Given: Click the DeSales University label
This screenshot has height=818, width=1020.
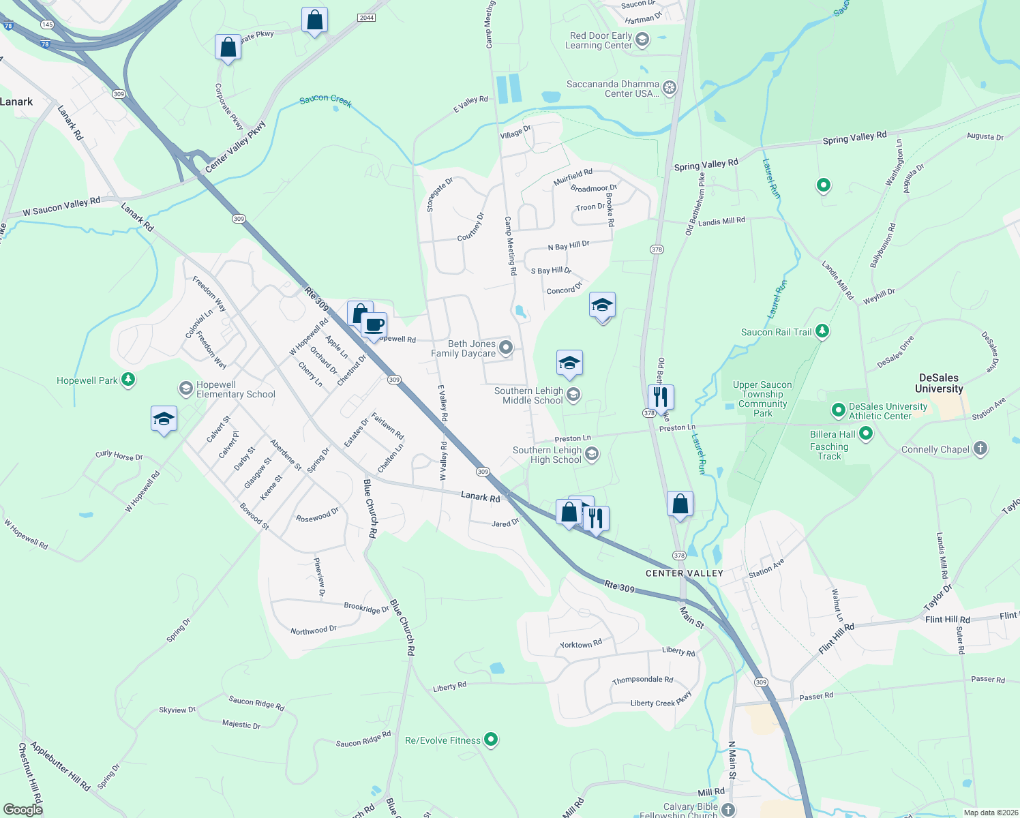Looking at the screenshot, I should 938,383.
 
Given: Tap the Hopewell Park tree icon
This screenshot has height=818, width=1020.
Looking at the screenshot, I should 128,380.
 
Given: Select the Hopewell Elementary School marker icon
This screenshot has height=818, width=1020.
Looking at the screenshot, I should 185,389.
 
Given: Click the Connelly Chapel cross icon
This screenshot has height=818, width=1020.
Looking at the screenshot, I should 980,449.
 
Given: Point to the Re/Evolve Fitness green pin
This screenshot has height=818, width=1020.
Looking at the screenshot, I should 490,740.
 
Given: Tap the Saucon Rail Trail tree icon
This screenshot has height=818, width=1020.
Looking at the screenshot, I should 823,331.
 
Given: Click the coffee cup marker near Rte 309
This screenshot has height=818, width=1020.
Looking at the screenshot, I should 374,324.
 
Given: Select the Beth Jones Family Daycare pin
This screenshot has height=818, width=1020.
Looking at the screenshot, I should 505,348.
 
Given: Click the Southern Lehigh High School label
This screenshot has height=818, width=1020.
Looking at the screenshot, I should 547,455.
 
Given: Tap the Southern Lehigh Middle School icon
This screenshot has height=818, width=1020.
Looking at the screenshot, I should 573,395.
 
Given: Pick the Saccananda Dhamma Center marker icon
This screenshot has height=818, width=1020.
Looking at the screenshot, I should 670,88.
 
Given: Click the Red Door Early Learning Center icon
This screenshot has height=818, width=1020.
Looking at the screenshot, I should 642,40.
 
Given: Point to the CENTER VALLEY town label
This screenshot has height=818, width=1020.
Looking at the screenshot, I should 684,573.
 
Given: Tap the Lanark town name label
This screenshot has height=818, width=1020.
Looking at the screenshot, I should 16,102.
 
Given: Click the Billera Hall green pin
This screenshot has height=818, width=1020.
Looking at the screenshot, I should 866,433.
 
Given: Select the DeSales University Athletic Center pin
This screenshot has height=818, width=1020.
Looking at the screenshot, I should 838,410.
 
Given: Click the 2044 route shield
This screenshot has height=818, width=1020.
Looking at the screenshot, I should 367,18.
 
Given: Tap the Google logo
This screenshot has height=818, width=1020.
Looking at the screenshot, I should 23,809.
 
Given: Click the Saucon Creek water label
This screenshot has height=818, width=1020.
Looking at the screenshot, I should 326,100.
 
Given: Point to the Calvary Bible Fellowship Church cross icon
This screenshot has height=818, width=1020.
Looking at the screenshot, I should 728,810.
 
